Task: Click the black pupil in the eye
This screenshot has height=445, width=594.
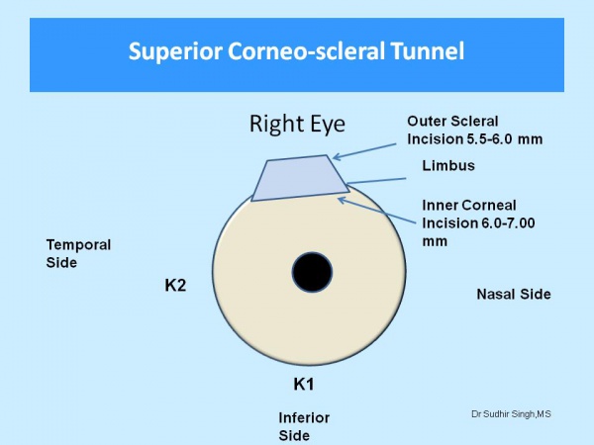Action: pos(312,272)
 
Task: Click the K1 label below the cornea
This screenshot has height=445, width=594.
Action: pos(304,385)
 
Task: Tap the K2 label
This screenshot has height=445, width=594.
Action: pos(175,286)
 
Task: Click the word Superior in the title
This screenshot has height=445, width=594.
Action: pos(175,51)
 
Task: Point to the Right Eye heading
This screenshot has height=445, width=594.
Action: pos(297,124)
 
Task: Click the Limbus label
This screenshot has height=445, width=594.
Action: pos(448,166)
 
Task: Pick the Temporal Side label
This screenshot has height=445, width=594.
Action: pos(78,253)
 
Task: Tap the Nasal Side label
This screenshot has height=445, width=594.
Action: pos(514,294)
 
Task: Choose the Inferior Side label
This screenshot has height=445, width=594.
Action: pos(304,427)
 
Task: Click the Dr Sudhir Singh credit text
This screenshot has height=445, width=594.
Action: pos(511,414)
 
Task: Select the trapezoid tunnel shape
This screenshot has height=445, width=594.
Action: pos(300,178)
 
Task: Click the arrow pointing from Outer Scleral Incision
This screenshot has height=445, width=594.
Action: pos(364,151)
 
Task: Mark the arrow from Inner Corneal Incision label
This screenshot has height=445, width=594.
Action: pos(377,210)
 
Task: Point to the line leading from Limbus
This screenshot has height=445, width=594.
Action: pos(376,181)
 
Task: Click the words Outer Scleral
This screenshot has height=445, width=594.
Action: pos(452,122)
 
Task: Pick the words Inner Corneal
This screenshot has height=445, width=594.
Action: pos(469,206)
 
